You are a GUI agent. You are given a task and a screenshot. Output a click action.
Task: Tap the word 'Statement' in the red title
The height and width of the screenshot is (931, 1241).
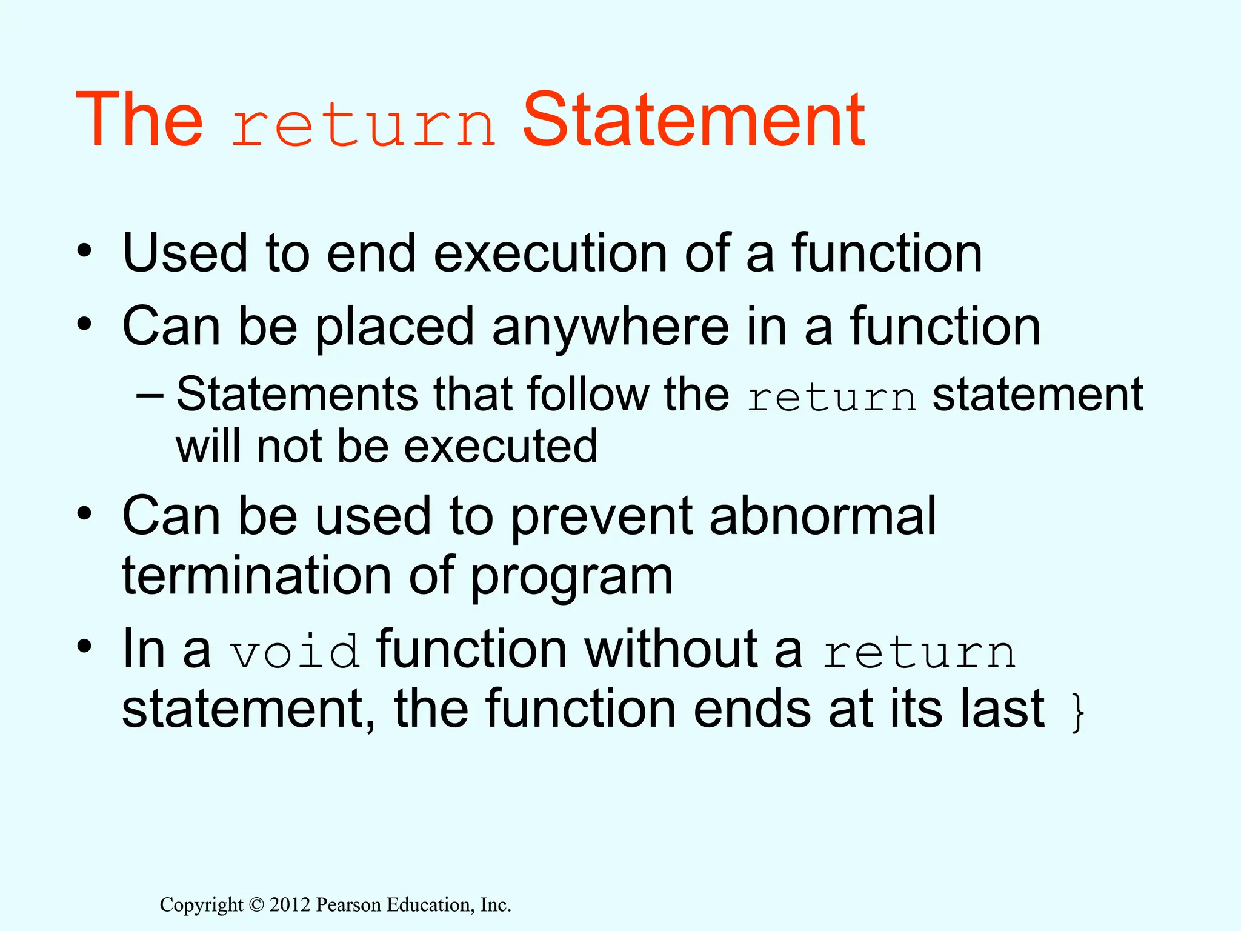[x=694, y=119]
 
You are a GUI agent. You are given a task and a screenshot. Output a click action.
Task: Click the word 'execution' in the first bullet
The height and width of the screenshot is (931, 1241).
[x=550, y=253]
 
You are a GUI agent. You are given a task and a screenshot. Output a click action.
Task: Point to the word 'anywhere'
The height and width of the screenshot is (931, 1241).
[x=610, y=327]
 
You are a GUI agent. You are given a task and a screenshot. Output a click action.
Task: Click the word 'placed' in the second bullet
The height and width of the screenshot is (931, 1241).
[x=394, y=327]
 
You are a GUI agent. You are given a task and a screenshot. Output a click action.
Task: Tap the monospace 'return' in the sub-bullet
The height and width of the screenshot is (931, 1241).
[x=831, y=398]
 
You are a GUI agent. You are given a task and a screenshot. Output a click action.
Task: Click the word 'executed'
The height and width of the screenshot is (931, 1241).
[x=501, y=447]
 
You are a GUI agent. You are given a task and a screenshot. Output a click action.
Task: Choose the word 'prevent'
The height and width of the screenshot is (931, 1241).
[x=601, y=516]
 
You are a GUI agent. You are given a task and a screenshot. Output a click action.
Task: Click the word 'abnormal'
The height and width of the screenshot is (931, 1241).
[x=823, y=516]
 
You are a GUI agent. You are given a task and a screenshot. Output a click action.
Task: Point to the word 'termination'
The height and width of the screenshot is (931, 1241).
[x=257, y=576]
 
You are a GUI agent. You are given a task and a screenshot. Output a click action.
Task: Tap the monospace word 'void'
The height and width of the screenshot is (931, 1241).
[x=294, y=652]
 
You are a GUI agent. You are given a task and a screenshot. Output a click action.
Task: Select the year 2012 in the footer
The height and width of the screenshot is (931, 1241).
[x=290, y=905]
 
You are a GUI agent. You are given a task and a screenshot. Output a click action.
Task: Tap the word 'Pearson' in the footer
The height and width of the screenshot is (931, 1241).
[x=349, y=905]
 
